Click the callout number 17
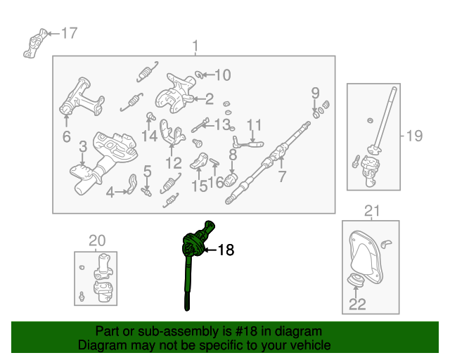tap(69, 33)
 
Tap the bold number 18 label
tap(226, 250)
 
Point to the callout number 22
tap(357, 304)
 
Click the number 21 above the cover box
tap(372, 211)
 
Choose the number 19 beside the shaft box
tap(415, 136)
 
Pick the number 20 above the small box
tap(97, 240)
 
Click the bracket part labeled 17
tap(34, 43)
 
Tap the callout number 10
tap(223, 75)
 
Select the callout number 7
tap(282, 176)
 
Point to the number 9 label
tap(316, 93)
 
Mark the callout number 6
tap(67, 136)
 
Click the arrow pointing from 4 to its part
tap(121, 191)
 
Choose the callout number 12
tap(174, 164)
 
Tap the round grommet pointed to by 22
tap(356, 280)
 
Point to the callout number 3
tap(83, 147)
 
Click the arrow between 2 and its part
tap(198, 99)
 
